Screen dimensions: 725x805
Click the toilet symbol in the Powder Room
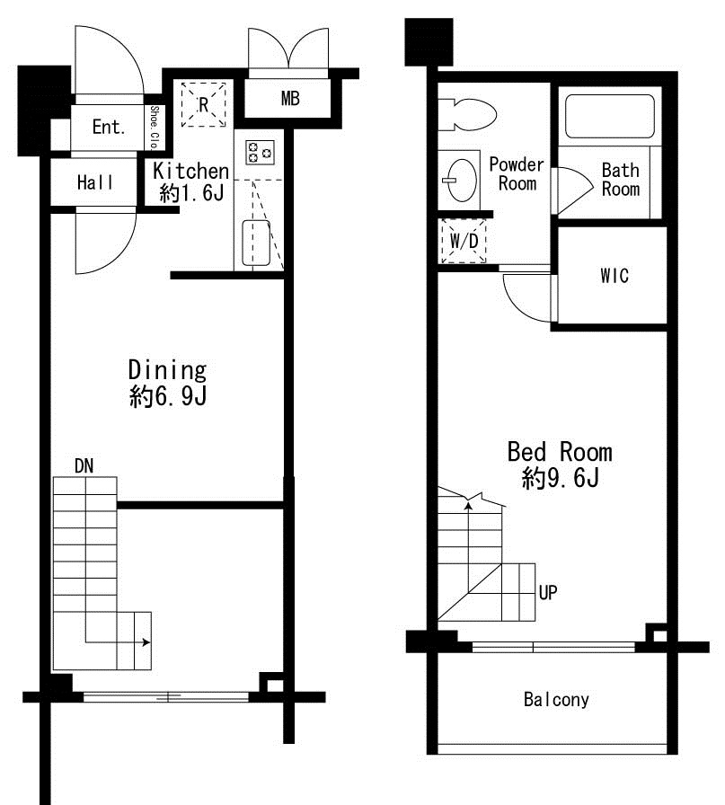[x=467, y=114]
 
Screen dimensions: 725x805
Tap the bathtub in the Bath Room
[x=609, y=116]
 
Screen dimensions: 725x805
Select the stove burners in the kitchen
[x=260, y=153]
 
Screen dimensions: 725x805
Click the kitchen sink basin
[x=256, y=243]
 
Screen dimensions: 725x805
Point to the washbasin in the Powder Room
[x=460, y=181]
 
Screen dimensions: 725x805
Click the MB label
[x=290, y=99]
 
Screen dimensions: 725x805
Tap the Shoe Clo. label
[x=154, y=127]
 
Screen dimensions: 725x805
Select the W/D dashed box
[x=464, y=241]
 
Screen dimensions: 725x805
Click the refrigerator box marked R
[x=203, y=104]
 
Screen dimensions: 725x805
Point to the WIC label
[x=614, y=276]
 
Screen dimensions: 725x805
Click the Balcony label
[x=556, y=700]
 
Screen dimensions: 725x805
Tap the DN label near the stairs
[x=84, y=466]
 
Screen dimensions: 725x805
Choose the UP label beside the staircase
[x=548, y=593]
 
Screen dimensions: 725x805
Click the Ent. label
[x=109, y=127]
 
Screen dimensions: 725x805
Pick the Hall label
[x=95, y=182]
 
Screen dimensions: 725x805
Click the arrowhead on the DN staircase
[x=146, y=642]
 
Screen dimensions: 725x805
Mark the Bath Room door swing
[x=575, y=190]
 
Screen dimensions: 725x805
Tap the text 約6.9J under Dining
[x=168, y=396]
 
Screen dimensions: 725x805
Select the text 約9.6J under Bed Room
[x=561, y=478]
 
